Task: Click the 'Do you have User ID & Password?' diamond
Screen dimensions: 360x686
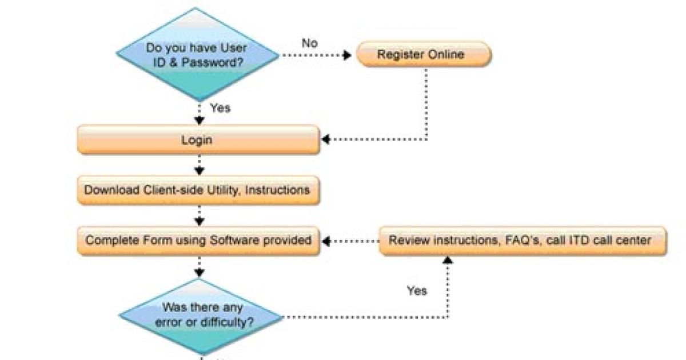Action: click(198, 55)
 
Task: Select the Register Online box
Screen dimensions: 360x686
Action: click(423, 55)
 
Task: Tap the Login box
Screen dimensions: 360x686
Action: click(198, 140)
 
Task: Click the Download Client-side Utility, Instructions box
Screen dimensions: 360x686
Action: click(198, 190)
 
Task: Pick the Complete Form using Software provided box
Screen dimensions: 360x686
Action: click(198, 241)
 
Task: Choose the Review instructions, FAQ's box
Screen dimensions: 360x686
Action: click(523, 241)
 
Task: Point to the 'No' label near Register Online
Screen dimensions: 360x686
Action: click(310, 43)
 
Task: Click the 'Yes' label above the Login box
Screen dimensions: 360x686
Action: click(220, 108)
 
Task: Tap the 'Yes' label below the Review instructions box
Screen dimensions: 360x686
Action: click(417, 291)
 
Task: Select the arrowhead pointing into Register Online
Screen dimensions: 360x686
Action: click(347, 55)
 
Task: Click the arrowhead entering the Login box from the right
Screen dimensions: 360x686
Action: click(325, 139)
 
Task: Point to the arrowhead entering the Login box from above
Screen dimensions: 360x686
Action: click(199, 121)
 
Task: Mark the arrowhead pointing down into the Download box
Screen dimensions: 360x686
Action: click(199, 170)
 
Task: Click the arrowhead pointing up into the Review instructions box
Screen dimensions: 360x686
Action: click(448, 260)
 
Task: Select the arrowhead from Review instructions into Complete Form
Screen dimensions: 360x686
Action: click(326, 241)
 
